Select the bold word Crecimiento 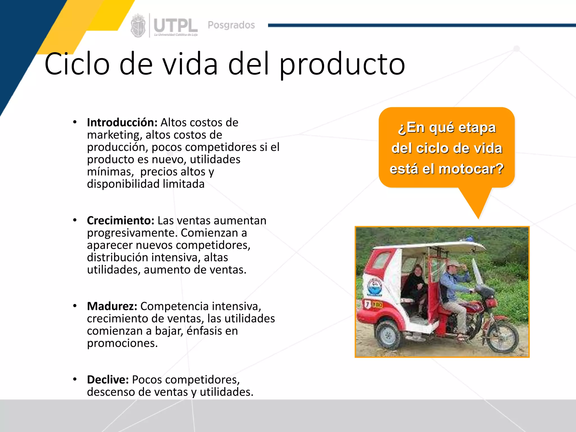[120, 220]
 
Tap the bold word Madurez [112, 306]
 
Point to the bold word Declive [108, 380]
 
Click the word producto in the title [342, 65]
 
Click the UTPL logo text [176, 26]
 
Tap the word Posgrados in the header [231, 25]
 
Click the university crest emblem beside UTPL [138, 26]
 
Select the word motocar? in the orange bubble [471, 169]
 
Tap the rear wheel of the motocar [388, 335]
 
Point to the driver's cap [454, 264]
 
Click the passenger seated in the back [415, 284]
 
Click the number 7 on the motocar [367, 304]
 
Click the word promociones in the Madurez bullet [122, 343]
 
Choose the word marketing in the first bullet [113, 135]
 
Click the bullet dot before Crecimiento [75, 220]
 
